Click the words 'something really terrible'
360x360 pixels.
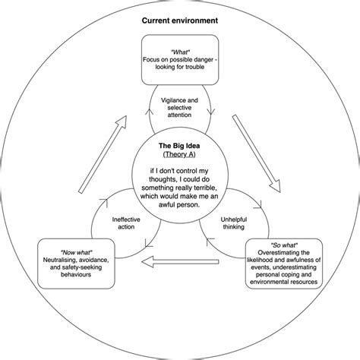(x=180, y=194)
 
